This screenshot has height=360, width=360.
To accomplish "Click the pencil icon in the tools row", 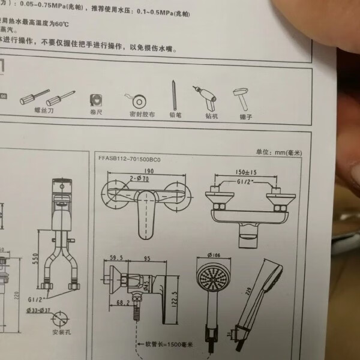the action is [x=173, y=95].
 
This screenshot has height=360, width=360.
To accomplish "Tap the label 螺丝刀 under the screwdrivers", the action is [x=45, y=110].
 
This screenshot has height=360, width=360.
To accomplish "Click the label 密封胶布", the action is [x=142, y=114].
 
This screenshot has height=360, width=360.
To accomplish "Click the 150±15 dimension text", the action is [x=245, y=171].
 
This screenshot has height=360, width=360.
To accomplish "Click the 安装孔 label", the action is [x=62, y=331].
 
